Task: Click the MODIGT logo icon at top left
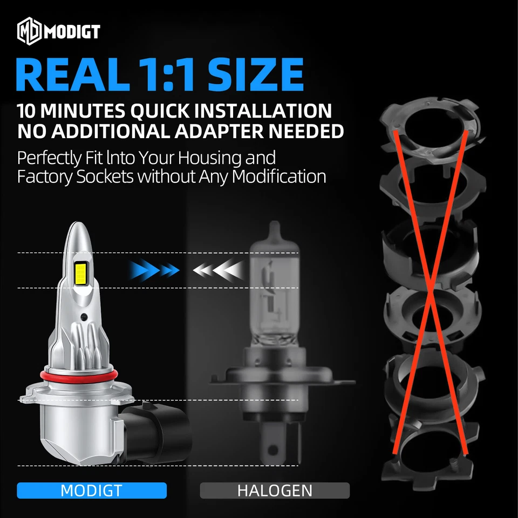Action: pyautogui.click(x=30, y=32)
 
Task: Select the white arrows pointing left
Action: pyautogui.click(x=216, y=269)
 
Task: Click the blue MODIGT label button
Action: pyautogui.click(x=92, y=490)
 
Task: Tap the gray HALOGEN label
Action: pyautogui.click(x=275, y=490)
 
